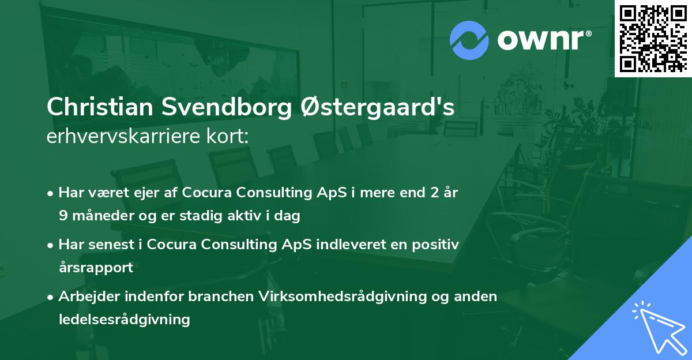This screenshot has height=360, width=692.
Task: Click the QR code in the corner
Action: (653, 38)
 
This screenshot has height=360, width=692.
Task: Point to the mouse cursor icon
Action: (657, 327)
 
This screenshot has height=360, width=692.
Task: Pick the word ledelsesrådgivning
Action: (124, 319)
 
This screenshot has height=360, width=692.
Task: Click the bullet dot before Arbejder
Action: (51, 297)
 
